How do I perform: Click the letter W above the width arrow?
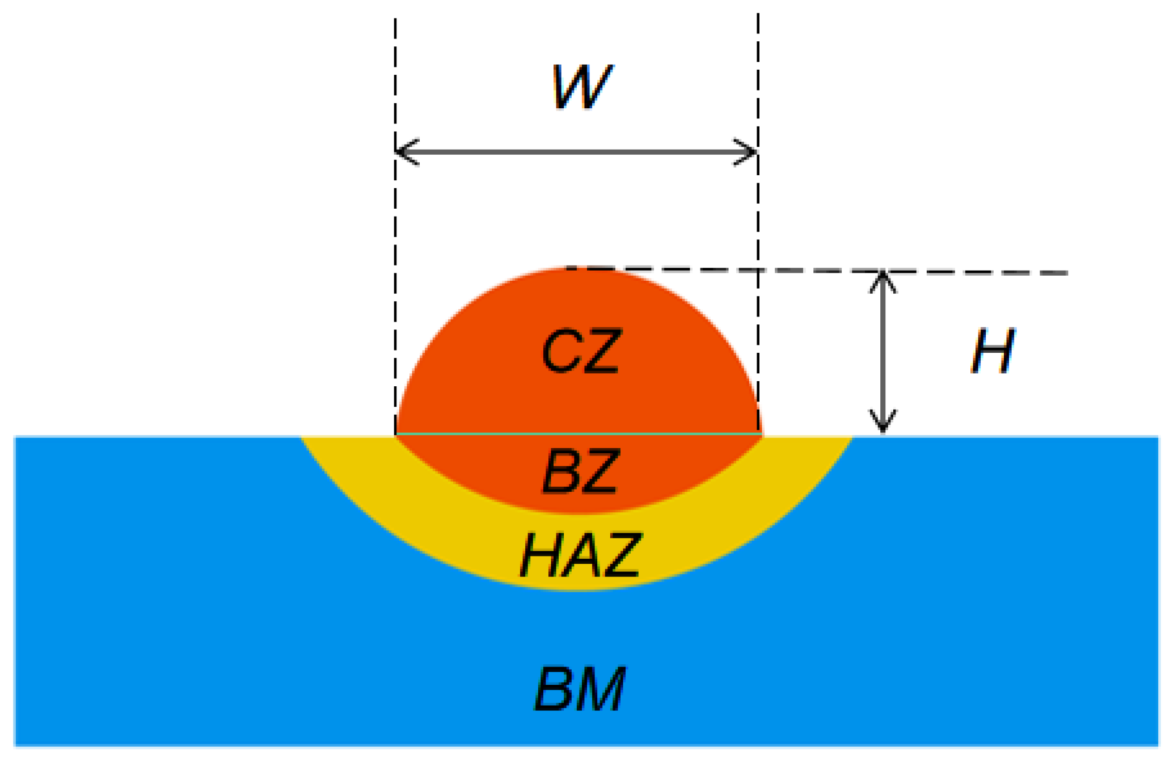[x=582, y=87]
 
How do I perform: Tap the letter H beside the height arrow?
[x=993, y=351]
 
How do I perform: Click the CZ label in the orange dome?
[x=581, y=351]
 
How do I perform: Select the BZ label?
[x=581, y=472]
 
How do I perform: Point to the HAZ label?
[x=581, y=555]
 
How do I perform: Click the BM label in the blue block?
[x=581, y=689]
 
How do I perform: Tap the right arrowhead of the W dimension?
[x=750, y=152]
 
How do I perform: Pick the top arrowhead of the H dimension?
[x=883, y=278]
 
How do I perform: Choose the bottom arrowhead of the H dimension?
[x=883, y=425]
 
